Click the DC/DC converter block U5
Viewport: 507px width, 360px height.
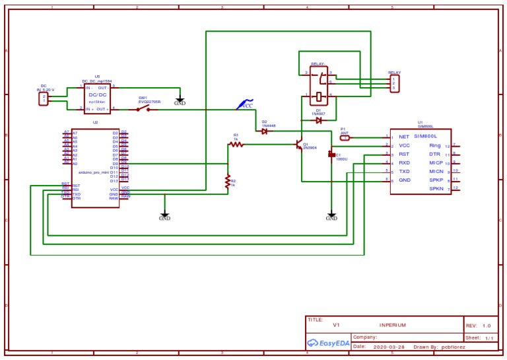point(98,97)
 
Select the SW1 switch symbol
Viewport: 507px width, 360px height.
point(143,108)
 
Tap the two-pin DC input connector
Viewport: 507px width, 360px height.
point(44,98)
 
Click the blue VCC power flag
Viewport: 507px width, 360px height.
point(244,104)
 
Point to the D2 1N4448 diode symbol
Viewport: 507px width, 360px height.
point(264,131)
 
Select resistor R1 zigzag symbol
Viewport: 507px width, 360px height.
point(236,144)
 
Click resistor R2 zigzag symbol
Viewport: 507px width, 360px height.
point(228,181)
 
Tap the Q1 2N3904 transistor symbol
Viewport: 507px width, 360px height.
point(300,145)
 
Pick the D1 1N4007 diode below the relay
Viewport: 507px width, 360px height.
point(318,120)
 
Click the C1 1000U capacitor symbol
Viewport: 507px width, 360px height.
point(331,155)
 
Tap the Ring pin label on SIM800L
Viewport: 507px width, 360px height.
point(434,145)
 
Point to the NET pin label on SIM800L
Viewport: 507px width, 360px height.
point(404,137)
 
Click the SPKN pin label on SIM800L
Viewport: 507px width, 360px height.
point(436,189)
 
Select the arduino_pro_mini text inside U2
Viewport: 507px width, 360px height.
point(93,171)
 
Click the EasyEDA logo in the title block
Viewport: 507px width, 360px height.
point(328,343)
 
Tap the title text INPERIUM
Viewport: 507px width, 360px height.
point(392,326)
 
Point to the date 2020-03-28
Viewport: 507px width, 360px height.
point(389,346)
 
